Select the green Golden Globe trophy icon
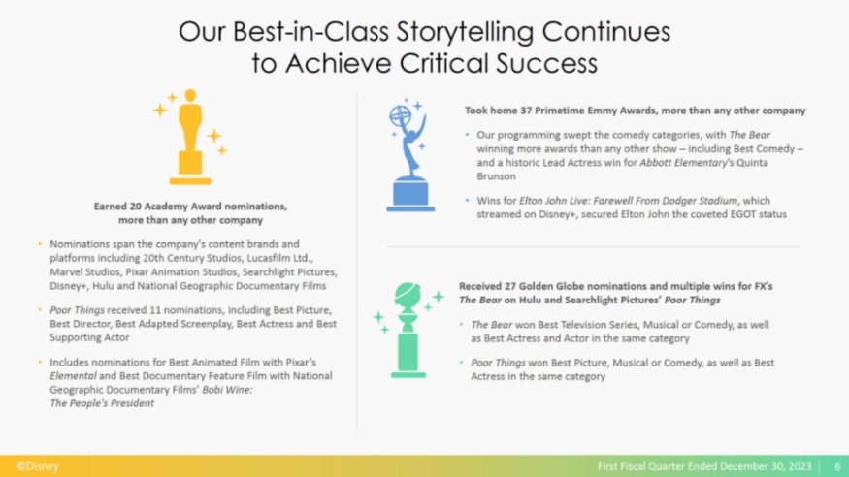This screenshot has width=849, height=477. click(x=408, y=330)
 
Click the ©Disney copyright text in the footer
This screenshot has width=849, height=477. click(x=38, y=466)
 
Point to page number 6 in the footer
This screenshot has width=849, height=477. click(x=837, y=466)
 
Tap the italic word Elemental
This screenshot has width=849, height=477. click(x=73, y=376)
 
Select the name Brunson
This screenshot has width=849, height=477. click(x=497, y=176)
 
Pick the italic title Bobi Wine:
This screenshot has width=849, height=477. click(x=227, y=390)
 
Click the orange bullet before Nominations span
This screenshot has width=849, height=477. click(x=40, y=244)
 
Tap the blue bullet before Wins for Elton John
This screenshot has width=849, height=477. click(x=467, y=201)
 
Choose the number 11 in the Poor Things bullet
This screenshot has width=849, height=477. click(x=155, y=310)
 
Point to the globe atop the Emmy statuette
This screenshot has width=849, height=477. click(x=400, y=115)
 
